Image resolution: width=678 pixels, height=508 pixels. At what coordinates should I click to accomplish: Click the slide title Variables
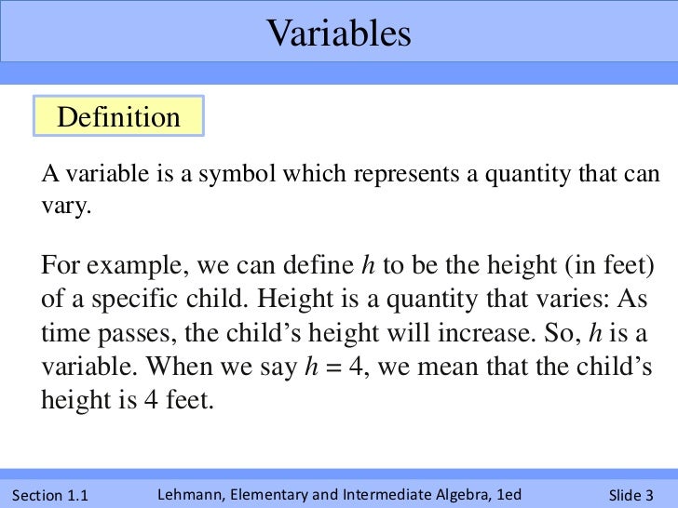coord(338,34)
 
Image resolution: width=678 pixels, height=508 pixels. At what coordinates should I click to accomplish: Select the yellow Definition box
coord(118,118)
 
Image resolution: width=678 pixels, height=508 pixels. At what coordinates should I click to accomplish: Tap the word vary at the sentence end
coord(64,206)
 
